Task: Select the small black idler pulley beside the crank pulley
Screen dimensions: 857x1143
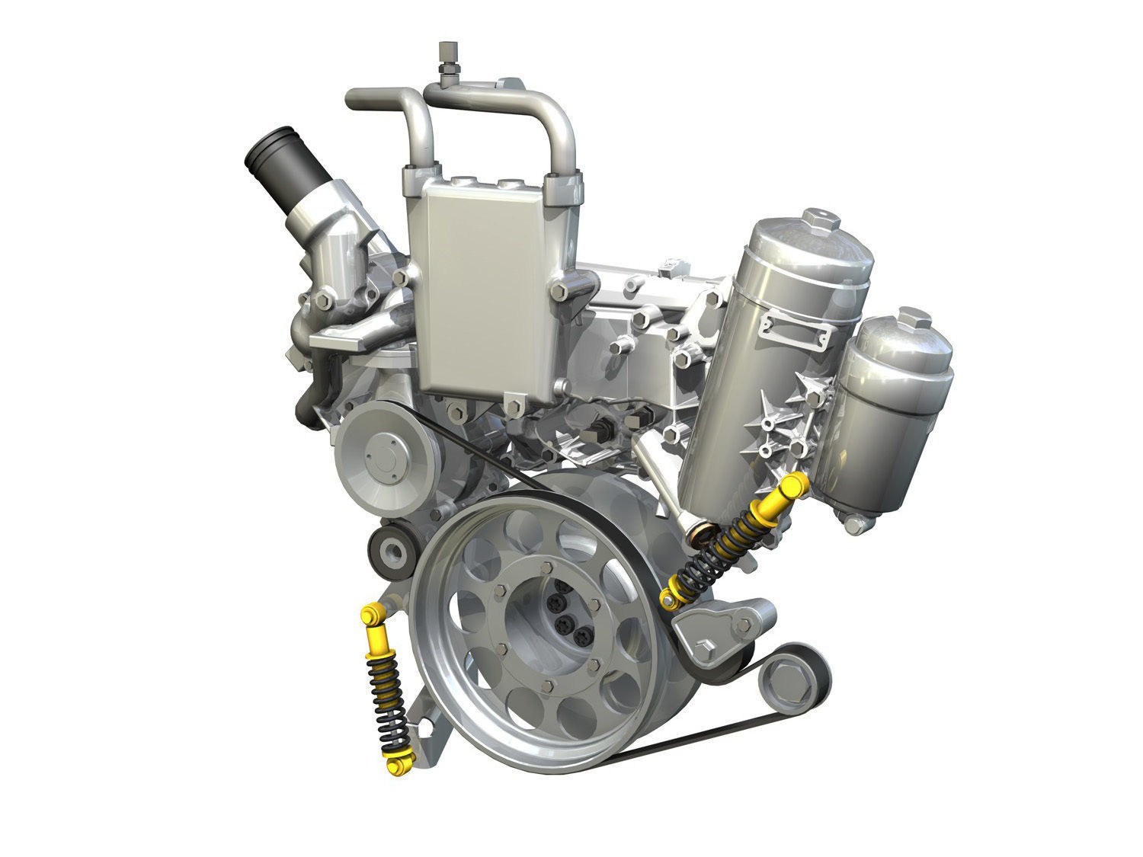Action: coord(392,548)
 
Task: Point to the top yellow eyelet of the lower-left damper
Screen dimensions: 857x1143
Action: coord(373,614)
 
